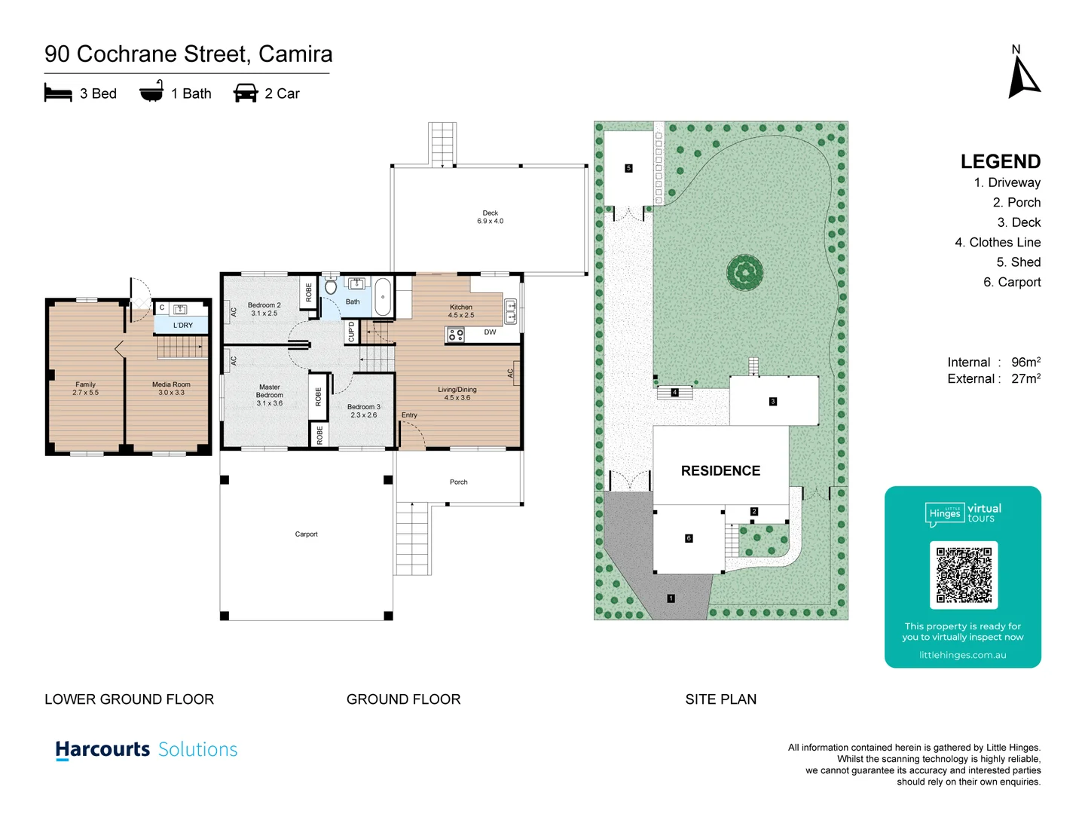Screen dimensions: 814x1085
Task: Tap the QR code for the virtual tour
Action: coord(964,575)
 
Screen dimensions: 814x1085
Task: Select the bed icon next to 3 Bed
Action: coord(58,93)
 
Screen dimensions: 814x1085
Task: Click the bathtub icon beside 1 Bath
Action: coord(151,92)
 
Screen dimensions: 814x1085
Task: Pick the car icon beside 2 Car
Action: coord(246,93)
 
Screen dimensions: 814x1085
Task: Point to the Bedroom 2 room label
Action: coord(264,309)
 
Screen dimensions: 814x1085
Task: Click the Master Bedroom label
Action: coord(269,395)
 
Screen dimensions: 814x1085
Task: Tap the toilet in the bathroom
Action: coord(331,287)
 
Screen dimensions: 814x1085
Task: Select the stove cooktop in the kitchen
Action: coord(456,335)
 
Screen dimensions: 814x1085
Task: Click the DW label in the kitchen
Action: coord(490,332)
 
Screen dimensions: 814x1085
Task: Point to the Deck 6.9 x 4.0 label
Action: coord(490,217)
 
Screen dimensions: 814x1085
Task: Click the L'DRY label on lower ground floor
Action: coord(182,326)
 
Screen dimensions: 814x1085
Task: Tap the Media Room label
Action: coord(171,388)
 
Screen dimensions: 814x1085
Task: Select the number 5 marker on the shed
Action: coord(628,168)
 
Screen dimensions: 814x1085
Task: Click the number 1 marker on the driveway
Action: coord(671,598)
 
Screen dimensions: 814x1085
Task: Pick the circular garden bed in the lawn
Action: coord(744,272)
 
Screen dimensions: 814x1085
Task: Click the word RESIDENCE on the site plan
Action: coord(720,471)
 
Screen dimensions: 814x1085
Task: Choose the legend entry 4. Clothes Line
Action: coord(997,243)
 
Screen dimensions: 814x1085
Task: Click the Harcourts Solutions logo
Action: coord(146,750)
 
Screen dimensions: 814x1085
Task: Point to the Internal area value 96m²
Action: coord(1025,363)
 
